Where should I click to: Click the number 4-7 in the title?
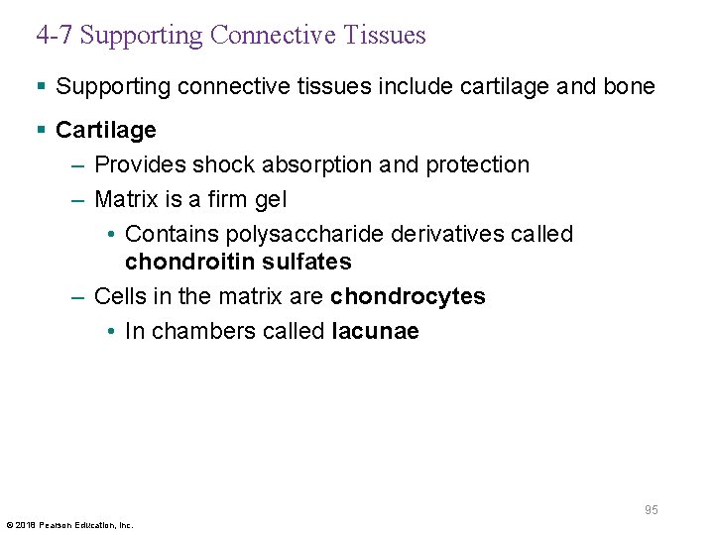pyautogui.click(x=55, y=36)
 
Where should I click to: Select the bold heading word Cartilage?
pyautogui.click(x=106, y=131)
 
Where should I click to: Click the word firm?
pyautogui.click(x=224, y=199)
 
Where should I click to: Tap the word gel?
pyautogui.click(x=269, y=199)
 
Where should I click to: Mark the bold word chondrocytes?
pyautogui.click(x=408, y=296)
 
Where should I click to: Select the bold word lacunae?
pyautogui.click(x=375, y=331)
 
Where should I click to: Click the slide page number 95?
pyautogui.click(x=651, y=510)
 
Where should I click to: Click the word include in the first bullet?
pyautogui.click(x=411, y=86)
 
